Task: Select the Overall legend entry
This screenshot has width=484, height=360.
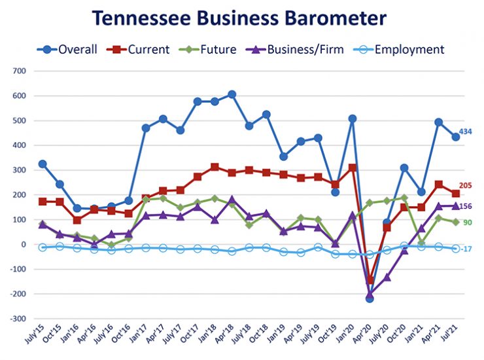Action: pyautogui.click(x=69, y=49)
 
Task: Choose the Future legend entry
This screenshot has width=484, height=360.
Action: pyautogui.click(x=212, y=49)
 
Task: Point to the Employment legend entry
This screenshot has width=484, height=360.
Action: pyautogui.click(x=400, y=49)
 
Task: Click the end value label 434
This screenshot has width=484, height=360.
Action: pyautogui.click(x=465, y=132)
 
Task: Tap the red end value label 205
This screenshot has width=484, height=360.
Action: pyautogui.click(x=466, y=186)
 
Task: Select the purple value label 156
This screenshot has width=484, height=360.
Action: pyautogui.click(x=466, y=206)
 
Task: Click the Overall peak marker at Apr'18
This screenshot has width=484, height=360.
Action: pyautogui.click(x=232, y=94)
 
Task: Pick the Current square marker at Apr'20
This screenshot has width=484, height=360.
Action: pyautogui.click(x=370, y=280)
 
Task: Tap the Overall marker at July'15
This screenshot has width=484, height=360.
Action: pyautogui.click(x=43, y=164)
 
